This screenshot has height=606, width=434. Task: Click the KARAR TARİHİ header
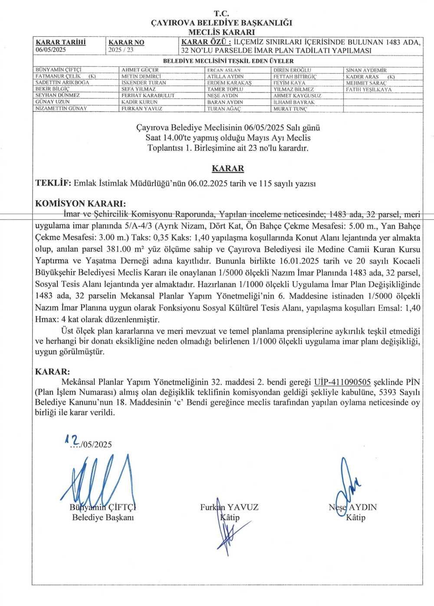point(61,42)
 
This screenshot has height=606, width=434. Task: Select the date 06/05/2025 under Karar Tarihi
point(51,50)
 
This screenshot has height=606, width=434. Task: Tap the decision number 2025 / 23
point(121,50)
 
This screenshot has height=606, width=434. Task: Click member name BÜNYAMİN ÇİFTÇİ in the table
point(58,70)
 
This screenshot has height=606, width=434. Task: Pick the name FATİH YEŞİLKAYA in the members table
point(368,90)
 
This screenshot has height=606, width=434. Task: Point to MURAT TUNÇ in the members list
point(290,109)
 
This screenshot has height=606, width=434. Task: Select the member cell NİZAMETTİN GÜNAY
point(61,108)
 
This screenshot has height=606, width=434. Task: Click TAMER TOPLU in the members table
point(225,89)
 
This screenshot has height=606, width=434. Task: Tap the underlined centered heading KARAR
point(228,169)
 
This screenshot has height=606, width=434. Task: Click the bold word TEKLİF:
point(53,183)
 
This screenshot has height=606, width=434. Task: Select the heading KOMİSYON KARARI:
point(80,204)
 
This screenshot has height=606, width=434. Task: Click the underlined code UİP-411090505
point(342,382)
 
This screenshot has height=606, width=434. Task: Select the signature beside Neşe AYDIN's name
point(347,485)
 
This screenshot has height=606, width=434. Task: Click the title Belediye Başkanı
point(103,518)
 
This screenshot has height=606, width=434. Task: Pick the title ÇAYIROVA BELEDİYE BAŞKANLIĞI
point(221,23)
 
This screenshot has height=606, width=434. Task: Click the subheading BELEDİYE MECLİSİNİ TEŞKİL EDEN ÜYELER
point(228,61)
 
